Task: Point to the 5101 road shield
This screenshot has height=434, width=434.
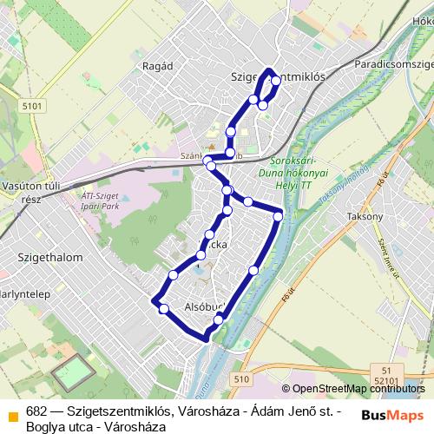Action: click(32, 106)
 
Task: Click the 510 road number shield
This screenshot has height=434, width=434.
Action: click(240, 378)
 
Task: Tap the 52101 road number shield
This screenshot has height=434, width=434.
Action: click(386, 379)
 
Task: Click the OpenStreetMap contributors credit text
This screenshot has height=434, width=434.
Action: click(356, 389)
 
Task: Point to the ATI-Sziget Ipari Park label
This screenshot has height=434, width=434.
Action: click(90, 202)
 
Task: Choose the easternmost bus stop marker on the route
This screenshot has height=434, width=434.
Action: click(278, 215)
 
